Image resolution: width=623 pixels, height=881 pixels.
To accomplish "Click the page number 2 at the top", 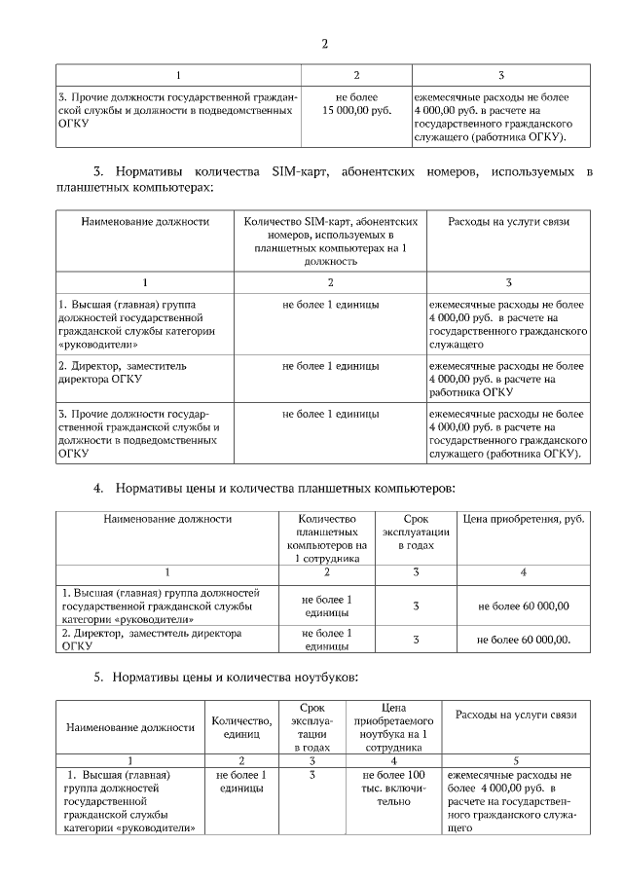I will pos(324,44).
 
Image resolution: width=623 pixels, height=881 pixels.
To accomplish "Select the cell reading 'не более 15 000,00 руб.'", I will pos(356,104).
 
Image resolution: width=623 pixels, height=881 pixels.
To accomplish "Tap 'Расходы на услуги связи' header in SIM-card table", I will pos(508,222).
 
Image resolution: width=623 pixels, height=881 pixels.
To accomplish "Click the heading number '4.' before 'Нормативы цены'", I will pos(98,487).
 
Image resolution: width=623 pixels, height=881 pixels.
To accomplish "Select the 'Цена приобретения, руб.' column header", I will pos(523,519).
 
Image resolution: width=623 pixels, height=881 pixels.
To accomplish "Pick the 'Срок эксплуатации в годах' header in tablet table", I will pos(416,532).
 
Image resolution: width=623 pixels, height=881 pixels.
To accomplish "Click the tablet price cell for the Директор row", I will pos(524,640).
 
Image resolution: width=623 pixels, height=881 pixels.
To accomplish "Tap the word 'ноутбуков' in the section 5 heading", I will pos(327,676).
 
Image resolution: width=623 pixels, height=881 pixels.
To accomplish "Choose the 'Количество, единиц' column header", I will pos(241,726).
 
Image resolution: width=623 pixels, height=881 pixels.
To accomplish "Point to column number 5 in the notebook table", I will pos(516,759).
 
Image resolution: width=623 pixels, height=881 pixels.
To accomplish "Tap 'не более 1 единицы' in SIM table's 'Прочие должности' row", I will pos(331,414).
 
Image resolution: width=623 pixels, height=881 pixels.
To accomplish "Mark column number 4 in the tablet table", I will pos(524,571).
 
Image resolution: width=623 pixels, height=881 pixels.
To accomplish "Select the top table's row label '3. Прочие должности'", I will pos(176,104).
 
